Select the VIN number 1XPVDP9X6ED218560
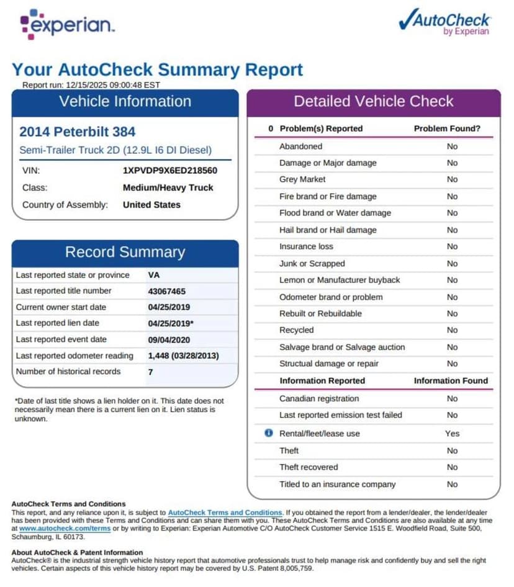[x=170, y=170]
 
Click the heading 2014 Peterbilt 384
[x=77, y=132]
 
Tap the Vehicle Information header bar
[x=125, y=102]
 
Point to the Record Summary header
[x=125, y=253]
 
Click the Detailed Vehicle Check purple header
[x=373, y=102]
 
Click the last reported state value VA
[x=154, y=275]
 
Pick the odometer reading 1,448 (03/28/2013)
[x=183, y=356]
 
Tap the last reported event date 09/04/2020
[x=169, y=339]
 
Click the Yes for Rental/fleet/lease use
[x=452, y=433]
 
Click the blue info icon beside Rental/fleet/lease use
[x=268, y=433]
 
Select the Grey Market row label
[x=302, y=179]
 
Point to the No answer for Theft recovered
[x=452, y=467]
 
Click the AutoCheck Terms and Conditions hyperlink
[x=225, y=513]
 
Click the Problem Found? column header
[x=447, y=128]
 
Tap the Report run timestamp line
[x=91, y=85]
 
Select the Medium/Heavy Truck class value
[x=168, y=187]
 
